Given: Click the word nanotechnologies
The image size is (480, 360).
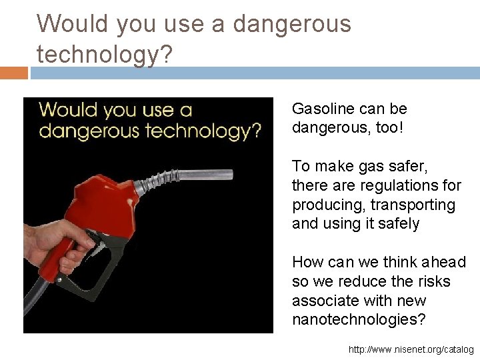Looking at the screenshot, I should coord(357,319).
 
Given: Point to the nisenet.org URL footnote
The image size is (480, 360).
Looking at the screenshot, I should coord(411,349).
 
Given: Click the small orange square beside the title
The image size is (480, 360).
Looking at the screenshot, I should coord(13,72).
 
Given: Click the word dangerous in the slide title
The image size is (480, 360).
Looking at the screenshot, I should coord(291,24).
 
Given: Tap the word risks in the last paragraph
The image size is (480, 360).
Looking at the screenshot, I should coord(433,282).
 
